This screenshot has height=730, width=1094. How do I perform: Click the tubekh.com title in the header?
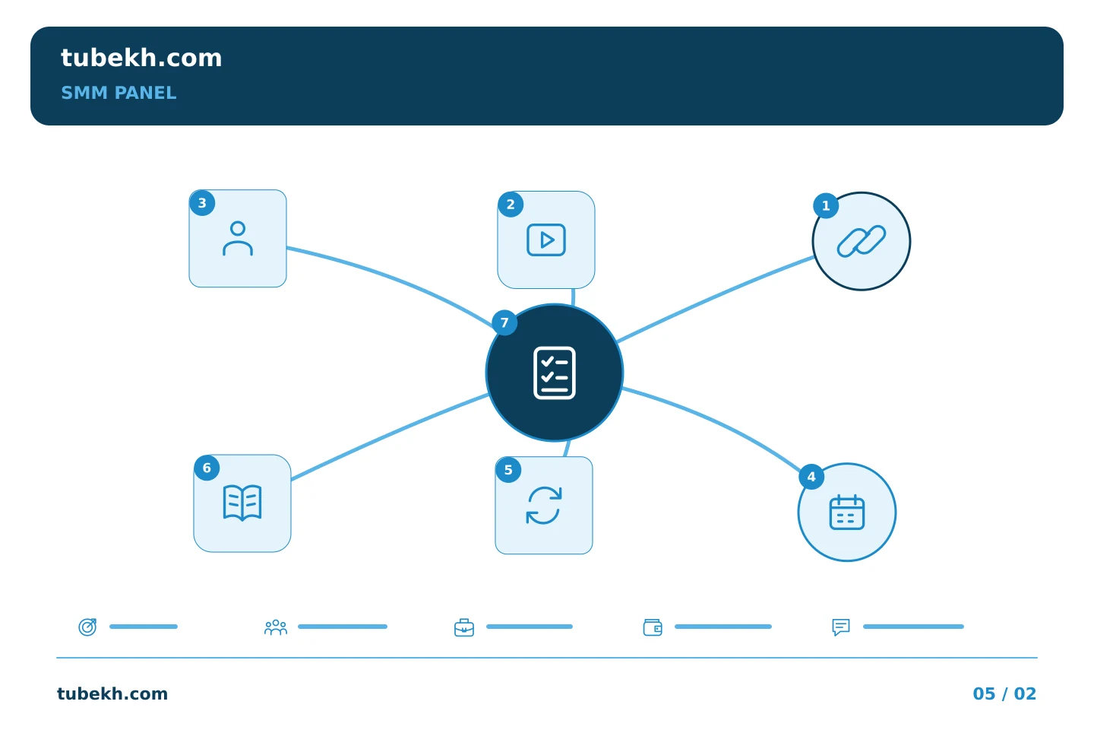[x=141, y=58]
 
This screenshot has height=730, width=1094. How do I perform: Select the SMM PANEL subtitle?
[x=119, y=93]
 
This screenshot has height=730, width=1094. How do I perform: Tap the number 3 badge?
[x=202, y=203]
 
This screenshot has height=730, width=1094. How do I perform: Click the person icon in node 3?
[x=238, y=239]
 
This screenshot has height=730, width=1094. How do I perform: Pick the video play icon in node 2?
[x=546, y=240]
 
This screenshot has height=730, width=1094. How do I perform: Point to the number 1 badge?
[x=826, y=206]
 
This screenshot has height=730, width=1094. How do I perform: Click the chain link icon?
[x=862, y=241]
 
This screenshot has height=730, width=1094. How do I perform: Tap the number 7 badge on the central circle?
[x=504, y=322]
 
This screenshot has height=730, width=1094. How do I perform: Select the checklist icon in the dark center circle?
[x=555, y=373]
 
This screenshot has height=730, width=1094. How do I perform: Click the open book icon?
[x=242, y=503]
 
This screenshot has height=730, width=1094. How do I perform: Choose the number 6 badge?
[x=207, y=468]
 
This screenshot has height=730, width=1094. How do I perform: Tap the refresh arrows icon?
[x=544, y=506]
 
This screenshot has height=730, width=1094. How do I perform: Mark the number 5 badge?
[x=508, y=470]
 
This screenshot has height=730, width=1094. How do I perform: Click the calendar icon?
[x=847, y=513]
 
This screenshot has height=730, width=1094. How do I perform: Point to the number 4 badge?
[x=811, y=477]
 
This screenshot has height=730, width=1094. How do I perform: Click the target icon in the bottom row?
[x=88, y=627]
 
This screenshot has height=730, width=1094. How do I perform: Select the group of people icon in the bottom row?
[x=276, y=627]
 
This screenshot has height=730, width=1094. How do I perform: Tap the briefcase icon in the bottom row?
[x=464, y=628]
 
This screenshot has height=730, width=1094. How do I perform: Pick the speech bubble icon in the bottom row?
[x=841, y=627]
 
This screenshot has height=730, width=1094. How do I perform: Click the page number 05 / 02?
[x=1004, y=693]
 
